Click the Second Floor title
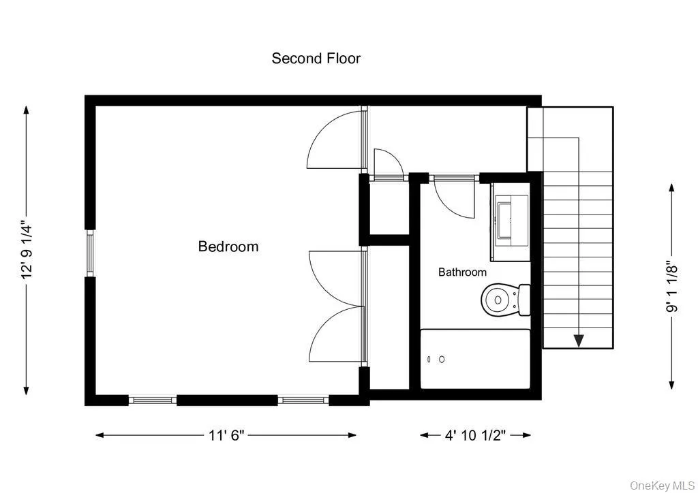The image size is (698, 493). point(316,59)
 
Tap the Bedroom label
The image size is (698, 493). point(228,246)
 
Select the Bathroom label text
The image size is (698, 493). point(462,272)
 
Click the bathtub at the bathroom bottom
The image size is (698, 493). point(475,359)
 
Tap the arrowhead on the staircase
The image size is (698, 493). point(579,340)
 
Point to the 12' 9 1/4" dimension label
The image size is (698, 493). point(27,249)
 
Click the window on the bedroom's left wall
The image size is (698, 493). point(89,253)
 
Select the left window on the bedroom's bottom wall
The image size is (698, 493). point(153,400)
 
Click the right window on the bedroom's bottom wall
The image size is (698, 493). point(303,400)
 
